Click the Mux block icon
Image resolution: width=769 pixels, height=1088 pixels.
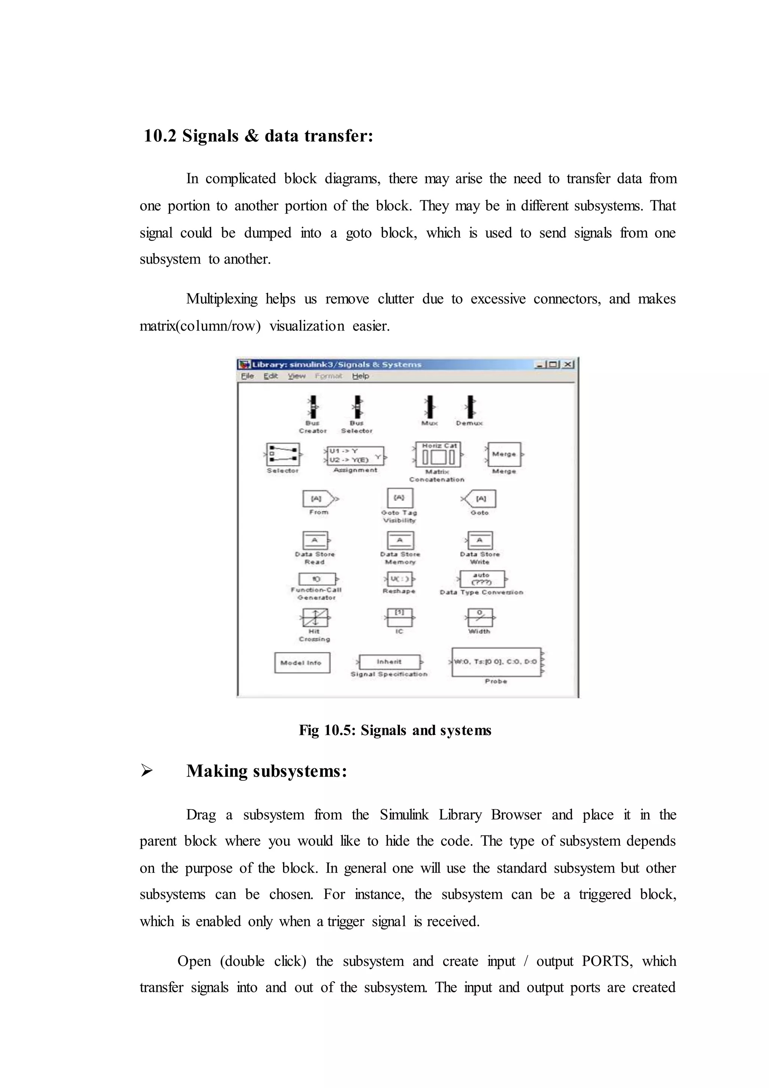[x=429, y=407]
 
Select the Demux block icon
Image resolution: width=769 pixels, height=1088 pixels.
[x=470, y=407]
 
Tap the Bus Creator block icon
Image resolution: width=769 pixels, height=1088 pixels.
[x=312, y=407]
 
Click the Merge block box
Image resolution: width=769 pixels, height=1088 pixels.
[x=504, y=455]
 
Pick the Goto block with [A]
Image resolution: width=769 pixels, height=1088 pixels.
[x=479, y=499]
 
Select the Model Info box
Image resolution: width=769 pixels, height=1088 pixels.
[x=302, y=662]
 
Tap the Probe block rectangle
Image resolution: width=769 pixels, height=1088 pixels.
[x=496, y=662]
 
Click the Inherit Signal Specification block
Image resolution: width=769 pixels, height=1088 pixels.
[x=389, y=662]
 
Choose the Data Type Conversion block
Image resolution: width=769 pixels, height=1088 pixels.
[x=482, y=579]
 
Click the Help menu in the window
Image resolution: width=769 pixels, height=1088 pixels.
[x=360, y=376]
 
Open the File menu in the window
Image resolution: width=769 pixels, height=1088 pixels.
[x=247, y=376]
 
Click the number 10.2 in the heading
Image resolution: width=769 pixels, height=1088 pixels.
[x=160, y=136]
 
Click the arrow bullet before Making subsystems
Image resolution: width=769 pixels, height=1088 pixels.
[x=146, y=771]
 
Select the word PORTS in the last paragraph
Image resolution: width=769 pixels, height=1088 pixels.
[x=606, y=961]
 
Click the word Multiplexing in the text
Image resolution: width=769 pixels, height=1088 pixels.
[x=222, y=299]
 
